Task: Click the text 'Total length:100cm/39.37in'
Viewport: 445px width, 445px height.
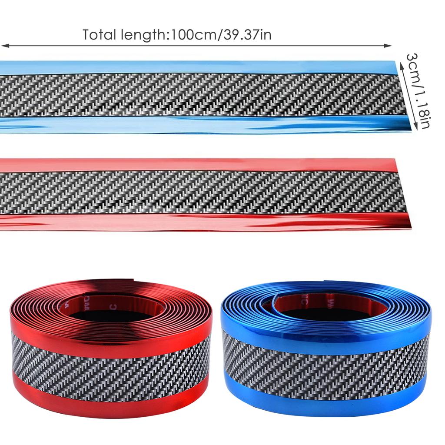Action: pos(177,35)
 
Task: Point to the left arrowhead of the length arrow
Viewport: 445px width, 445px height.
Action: pos(3,45)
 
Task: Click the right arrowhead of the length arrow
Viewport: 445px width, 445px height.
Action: pos(389,45)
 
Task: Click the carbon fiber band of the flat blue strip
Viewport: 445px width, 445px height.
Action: pos(200,95)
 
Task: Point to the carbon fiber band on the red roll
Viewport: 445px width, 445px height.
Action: pos(111,365)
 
